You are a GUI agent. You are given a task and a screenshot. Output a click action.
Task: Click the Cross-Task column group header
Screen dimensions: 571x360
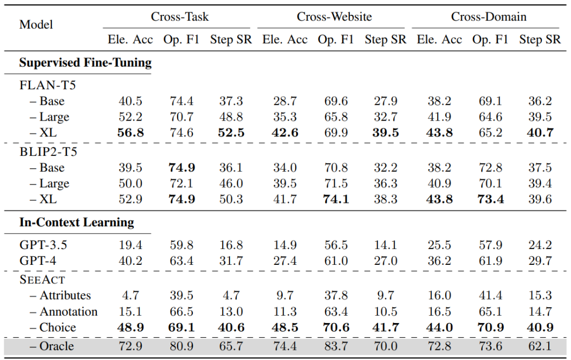click(180, 17)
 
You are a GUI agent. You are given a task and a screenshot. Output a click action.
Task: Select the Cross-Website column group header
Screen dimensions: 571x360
click(334, 17)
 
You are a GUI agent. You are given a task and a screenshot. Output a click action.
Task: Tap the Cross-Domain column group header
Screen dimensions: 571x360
click(489, 17)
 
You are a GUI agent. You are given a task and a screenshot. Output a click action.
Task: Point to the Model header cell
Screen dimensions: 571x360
click(36, 24)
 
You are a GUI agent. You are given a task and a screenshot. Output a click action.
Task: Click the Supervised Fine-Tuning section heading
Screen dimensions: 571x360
click(85, 62)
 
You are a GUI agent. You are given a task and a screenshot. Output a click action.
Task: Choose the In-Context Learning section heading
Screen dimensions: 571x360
click(77, 223)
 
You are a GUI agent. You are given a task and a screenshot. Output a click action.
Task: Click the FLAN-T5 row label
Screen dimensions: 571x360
click(48, 85)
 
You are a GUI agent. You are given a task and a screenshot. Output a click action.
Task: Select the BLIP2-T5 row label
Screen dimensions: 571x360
click(48, 152)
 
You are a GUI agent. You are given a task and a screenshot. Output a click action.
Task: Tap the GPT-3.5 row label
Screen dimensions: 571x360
click(43, 245)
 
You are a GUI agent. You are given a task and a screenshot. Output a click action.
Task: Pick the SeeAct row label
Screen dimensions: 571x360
click(42, 280)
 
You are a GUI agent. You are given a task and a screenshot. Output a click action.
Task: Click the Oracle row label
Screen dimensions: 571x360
click(52, 346)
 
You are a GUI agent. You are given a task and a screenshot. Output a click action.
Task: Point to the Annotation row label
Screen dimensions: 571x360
click(64, 311)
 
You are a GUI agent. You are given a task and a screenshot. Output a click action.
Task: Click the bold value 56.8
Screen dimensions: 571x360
click(131, 133)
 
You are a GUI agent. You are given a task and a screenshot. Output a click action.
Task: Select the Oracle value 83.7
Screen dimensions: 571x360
click(336, 346)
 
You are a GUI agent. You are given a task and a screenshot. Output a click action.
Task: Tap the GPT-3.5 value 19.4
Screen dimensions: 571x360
click(131, 245)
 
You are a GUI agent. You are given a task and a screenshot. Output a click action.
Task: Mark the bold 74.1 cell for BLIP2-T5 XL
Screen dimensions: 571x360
click(336, 199)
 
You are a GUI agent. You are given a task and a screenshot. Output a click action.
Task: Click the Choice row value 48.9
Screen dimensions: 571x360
click(131, 328)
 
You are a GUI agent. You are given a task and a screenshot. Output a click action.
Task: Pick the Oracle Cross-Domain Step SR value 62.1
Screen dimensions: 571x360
click(540, 346)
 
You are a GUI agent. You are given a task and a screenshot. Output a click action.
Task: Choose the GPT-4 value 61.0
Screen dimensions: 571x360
click(336, 261)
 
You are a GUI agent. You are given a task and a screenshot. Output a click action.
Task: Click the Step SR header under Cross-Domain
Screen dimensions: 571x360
click(540, 39)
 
